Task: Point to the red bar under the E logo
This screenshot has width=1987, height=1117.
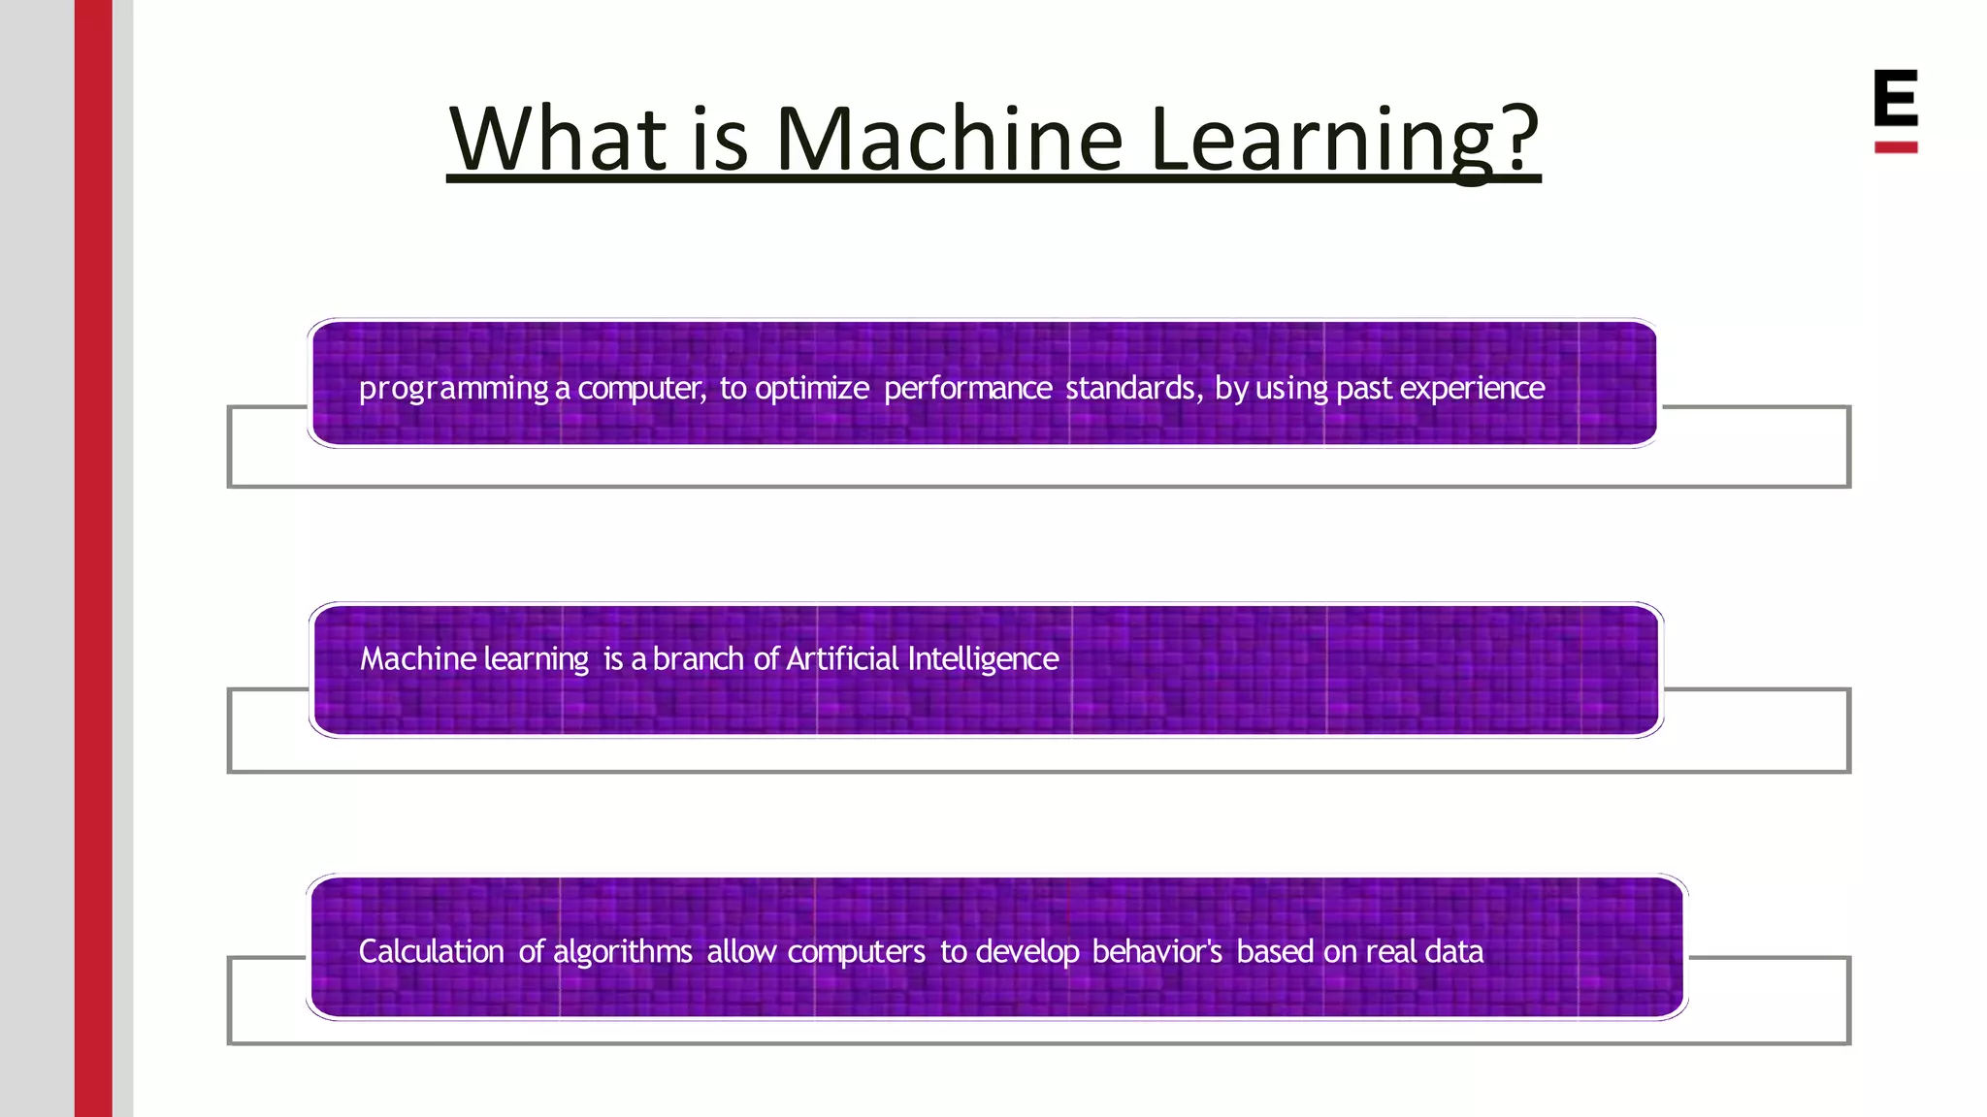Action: click(x=1895, y=147)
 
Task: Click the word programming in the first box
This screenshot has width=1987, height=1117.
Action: click(x=453, y=389)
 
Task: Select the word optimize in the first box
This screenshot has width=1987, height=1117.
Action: click(x=811, y=389)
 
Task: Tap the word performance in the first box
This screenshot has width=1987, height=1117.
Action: click(x=967, y=389)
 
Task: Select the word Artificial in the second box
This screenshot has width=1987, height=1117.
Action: click(x=842, y=659)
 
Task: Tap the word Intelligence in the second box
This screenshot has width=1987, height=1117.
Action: click(x=983, y=659)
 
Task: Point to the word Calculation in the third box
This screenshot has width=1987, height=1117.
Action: click(x=431, y=951)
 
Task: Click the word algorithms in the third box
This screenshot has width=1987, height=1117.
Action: click(x=622, y=952)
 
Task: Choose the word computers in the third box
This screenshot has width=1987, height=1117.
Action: click(x=856, y=952)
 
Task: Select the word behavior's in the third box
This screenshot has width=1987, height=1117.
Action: click(x=1156, y=951)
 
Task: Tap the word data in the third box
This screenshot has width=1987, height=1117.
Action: click(x=1453, y=951)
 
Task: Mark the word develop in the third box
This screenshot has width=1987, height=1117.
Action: click(x=1026, y=952)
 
